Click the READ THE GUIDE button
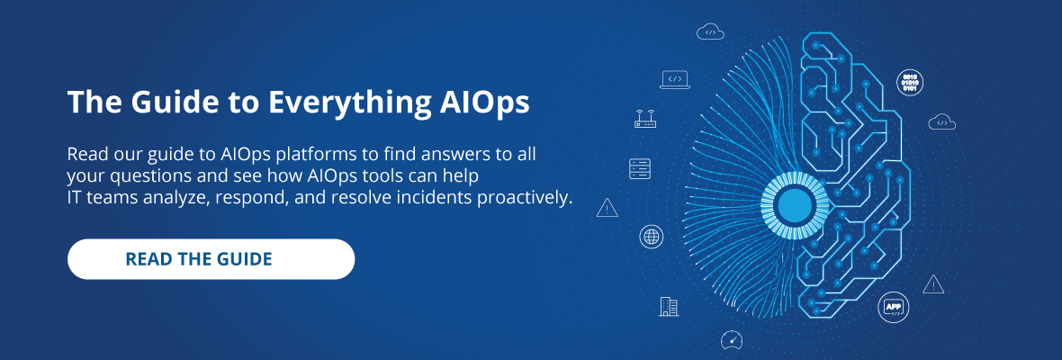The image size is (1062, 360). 211,259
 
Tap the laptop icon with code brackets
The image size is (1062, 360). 675,80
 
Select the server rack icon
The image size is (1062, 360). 640,168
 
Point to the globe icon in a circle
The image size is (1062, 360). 652,237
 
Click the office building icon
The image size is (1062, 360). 669,307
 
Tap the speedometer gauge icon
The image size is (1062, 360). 732,339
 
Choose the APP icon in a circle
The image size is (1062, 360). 894,308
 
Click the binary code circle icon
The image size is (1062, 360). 910,83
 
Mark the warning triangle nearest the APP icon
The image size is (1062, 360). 933,284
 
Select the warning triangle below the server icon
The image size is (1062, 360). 607,208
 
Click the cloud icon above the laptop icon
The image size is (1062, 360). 710,31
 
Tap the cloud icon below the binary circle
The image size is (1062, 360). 942,121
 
